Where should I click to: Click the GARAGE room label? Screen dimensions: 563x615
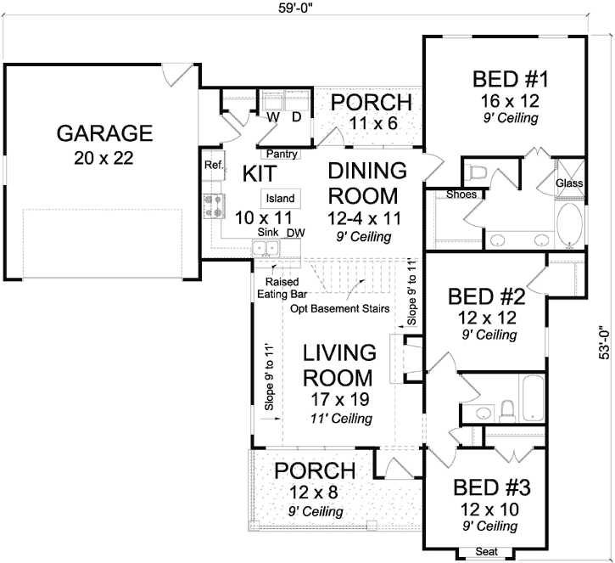[x=103, y=133]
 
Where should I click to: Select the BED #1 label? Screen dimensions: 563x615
[x=506, y=81]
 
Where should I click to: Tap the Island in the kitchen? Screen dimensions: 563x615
[x=280, y=199]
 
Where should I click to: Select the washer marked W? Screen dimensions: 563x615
[x=274, y=116]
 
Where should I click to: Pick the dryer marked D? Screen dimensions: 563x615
[x=297, y=116]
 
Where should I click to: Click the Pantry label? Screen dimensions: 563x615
[x=280, y=155]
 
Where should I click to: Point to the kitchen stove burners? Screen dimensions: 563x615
[x=212, y=204]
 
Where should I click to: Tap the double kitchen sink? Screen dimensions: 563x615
[x=267, y=248]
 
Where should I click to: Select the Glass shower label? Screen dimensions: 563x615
[x=567, y=183]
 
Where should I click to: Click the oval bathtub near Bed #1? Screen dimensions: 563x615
[x=568, y=221]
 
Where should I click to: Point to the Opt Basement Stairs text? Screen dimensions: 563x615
[x=339, y=308]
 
